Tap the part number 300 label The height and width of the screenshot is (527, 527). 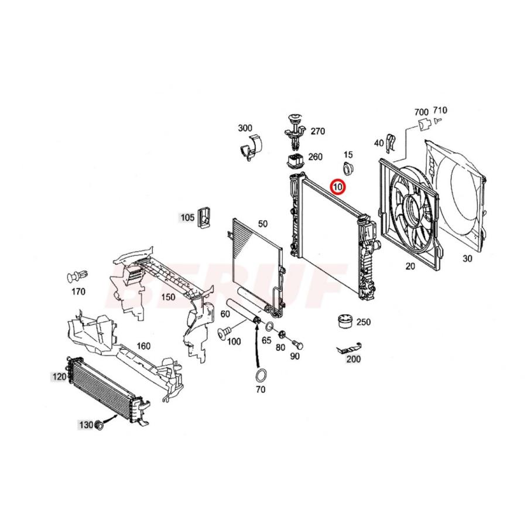[245, 128]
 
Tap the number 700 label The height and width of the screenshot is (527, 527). [422, 111]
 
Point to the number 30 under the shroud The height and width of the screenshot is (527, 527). [467, 258]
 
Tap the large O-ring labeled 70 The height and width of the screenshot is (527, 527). [261, 375]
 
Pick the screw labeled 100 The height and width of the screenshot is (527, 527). [223, 334]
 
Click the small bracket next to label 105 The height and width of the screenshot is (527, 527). [204, 217]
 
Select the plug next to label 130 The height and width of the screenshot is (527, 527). [99, 425]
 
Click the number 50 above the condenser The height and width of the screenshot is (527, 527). [262, 224]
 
